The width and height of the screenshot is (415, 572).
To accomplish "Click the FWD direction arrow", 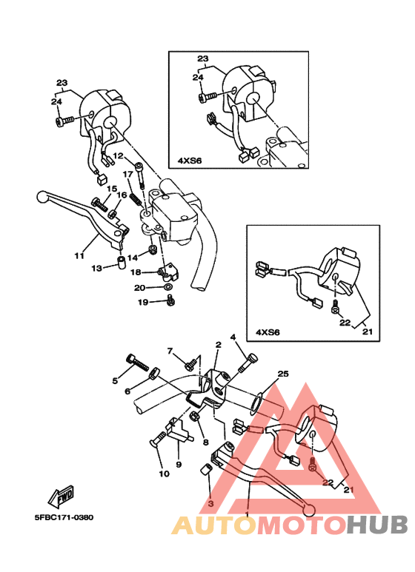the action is [62, 496].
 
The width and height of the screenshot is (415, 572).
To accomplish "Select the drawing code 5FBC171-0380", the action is [64, 517].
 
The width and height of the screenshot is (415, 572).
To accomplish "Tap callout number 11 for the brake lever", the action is [79, 256].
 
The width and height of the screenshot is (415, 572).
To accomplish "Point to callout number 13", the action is [97, 269].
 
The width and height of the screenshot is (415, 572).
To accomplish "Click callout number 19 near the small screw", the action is [143, 302].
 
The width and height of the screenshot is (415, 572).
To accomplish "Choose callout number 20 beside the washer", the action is [139, 288].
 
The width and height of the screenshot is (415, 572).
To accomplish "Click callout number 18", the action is [136, 272].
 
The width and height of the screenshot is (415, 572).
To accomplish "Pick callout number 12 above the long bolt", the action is [118, 156].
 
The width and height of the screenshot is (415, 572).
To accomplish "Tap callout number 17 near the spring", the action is [128, 175].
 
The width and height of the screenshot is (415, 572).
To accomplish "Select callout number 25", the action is [283, 374].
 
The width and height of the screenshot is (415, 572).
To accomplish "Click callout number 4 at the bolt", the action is [233, 337].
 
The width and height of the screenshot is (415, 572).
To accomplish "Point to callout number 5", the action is [115, 380].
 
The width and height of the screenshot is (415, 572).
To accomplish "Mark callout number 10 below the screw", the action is [165, 474].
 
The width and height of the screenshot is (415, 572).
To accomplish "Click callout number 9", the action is [179, 465].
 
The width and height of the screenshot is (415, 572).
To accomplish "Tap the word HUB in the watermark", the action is [377, 525].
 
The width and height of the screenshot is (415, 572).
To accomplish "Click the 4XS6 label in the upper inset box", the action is [190, 161].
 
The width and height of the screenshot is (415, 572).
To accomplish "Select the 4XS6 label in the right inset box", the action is [268, 332].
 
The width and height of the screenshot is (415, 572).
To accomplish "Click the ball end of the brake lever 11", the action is [43, 197].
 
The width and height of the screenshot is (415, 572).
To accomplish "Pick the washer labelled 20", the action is [168, 287].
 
